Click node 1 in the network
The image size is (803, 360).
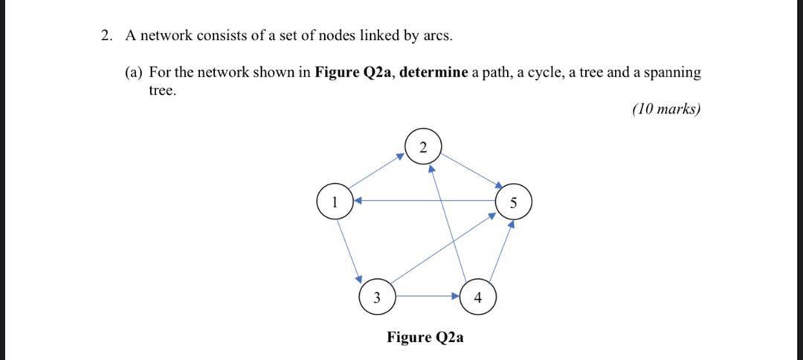click(x=335, y=202)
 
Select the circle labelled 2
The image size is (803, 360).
click(x=423, y=146)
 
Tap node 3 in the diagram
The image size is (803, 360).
click(x=377, y=298)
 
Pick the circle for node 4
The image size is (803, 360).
click(x=478, y=298)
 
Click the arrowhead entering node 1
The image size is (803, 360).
click(x=358, y=200)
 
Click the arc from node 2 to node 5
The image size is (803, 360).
click(x=471, y=170)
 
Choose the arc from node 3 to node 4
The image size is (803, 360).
click(x=428, y=297)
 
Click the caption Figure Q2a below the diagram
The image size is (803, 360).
click(x=425, y=337)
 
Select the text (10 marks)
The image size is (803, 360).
click(x=665, y=109)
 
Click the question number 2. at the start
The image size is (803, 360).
click(x=108, y=35)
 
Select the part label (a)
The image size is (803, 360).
click(x=134, y=73)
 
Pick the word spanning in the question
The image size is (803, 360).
click(x=672, y=73)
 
